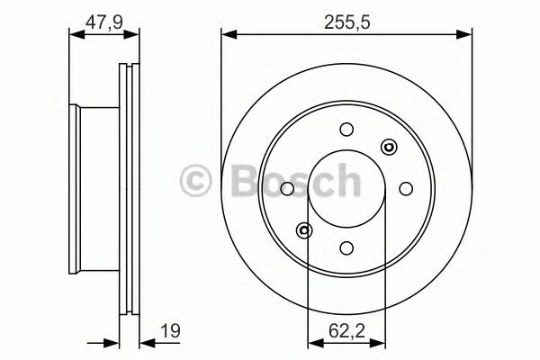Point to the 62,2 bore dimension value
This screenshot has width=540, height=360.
(346, 331)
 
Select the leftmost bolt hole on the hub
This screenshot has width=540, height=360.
(286, 188)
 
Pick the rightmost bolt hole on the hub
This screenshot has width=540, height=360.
(407, 188)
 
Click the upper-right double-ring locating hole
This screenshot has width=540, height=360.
(389, 147)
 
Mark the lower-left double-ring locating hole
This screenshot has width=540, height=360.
(305, 230)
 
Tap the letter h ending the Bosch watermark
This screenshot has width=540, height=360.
(344, 179)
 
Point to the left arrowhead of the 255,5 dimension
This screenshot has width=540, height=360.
(227, 35)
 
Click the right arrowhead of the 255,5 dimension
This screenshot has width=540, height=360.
(467, 35)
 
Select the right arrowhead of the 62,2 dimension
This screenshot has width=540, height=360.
(381, 343)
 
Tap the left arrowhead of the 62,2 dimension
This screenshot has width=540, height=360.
(313, 343)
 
